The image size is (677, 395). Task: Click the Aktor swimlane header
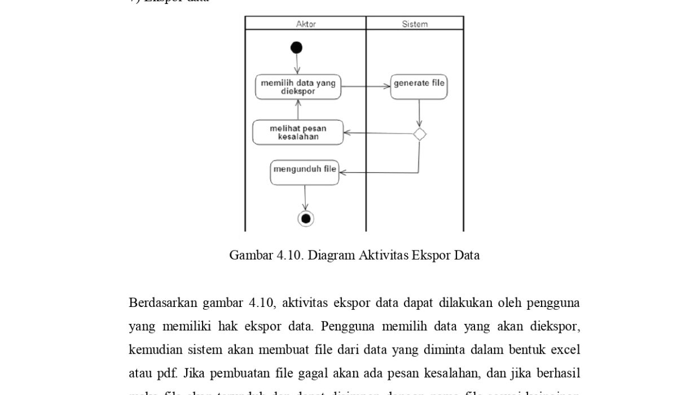click(x=306, y=24)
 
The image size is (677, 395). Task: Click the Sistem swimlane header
click(x=415, y=24)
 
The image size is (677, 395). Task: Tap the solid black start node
click(x=297, y=48)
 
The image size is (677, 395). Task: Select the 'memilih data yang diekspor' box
click(x=298, y=87)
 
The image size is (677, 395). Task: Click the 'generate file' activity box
click(x=419, y=87)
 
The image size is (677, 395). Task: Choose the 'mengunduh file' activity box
click(x=305, y=172)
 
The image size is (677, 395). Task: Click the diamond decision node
click(x=419, y=134)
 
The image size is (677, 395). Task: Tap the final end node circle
click(x=306, y=218)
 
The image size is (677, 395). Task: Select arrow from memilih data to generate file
click(x=366, y=87)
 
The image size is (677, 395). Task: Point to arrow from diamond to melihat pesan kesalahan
click(x=378, y=134)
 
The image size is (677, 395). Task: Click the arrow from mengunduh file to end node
click(x=305, y=197)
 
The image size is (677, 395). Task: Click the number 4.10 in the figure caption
click(x=290, y=255)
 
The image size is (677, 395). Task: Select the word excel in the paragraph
click(x=565, y=350)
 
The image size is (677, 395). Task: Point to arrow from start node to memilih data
click(x=297, y=64)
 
